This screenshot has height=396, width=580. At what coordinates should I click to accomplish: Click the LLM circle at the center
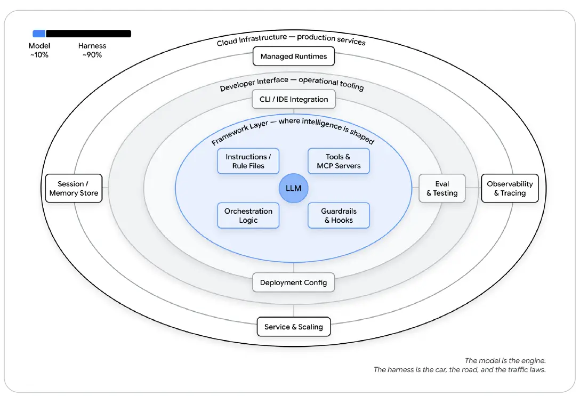click(x=293, y=188)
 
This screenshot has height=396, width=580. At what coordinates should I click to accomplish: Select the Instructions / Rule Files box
click(x=248, y=161)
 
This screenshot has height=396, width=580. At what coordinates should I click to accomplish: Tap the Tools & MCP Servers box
click(x=339, y=161)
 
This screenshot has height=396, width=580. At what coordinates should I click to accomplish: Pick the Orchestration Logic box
click(x=248, y=215)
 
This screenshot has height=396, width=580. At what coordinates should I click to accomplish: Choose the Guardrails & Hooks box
click(x=339, y=215)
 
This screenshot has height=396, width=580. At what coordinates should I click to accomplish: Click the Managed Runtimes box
click(x=294, y=56)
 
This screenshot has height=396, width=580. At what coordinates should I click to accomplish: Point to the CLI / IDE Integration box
click(x=294, y=99)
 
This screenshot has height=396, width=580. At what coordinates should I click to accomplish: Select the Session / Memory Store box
click(x=74, y=188)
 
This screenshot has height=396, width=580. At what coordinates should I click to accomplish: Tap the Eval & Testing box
click(x=442, y=188)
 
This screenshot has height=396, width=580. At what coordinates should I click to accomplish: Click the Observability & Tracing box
click(x=510, y=188)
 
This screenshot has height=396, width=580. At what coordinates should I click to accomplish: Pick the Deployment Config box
click(x=293, y=282)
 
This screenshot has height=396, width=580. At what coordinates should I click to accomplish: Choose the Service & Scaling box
click(x=294, y=327)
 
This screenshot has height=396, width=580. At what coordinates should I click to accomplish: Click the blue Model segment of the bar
click(x=39, y=34)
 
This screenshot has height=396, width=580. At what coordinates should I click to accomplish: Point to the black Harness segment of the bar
click(x=88, y=34)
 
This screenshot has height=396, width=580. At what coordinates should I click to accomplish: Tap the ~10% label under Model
click(x=39, y=55)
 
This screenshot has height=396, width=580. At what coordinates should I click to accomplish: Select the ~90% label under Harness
click(x=92, y=55)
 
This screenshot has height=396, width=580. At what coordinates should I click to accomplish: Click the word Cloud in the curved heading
click(x=227, y=42)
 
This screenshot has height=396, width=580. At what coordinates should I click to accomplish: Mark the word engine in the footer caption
click(x=533, y=360)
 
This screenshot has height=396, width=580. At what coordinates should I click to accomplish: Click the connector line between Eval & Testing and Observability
click(x=473, y=188)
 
